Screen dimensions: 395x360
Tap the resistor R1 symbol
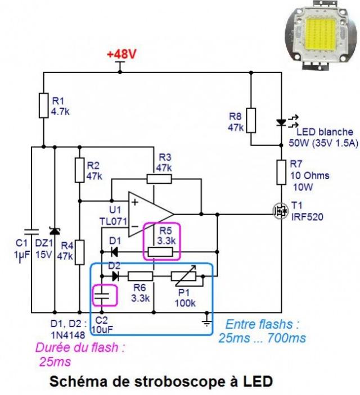(44, 105)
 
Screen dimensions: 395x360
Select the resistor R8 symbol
(251, 120)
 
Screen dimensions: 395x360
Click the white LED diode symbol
(281, 122)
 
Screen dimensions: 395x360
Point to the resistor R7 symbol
(281, 172)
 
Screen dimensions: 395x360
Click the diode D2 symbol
(115, 276)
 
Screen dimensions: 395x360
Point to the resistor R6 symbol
(141, 276)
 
